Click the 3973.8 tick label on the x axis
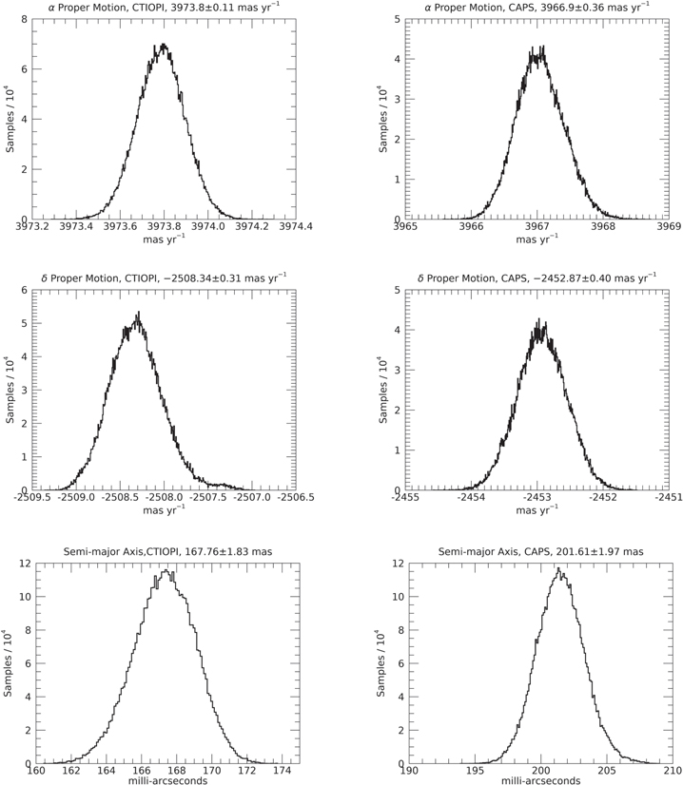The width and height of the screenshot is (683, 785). [166, 227]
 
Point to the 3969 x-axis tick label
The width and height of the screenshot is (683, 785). [669, 227]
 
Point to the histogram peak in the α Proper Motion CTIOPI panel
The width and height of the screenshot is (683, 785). [164, 45]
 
